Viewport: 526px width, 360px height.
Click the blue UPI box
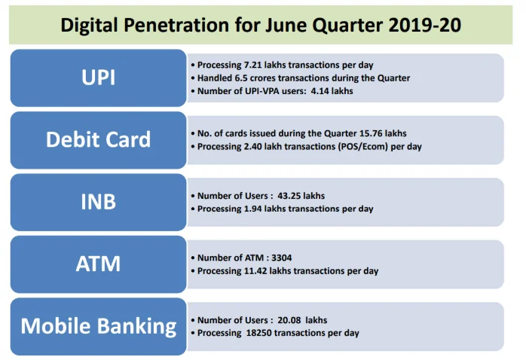click(x=98, y=78)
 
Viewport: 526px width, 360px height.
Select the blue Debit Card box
click(x=98, y=139)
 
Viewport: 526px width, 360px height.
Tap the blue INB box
click(x=98, y=202)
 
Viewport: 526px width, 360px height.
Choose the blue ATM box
click(x=98, y=264)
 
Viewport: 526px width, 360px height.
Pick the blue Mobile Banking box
click(x=98, y=326)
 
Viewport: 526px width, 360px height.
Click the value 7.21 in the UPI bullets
click(x=248, y=66)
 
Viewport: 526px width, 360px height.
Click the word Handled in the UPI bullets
click(x=215, y=78)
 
